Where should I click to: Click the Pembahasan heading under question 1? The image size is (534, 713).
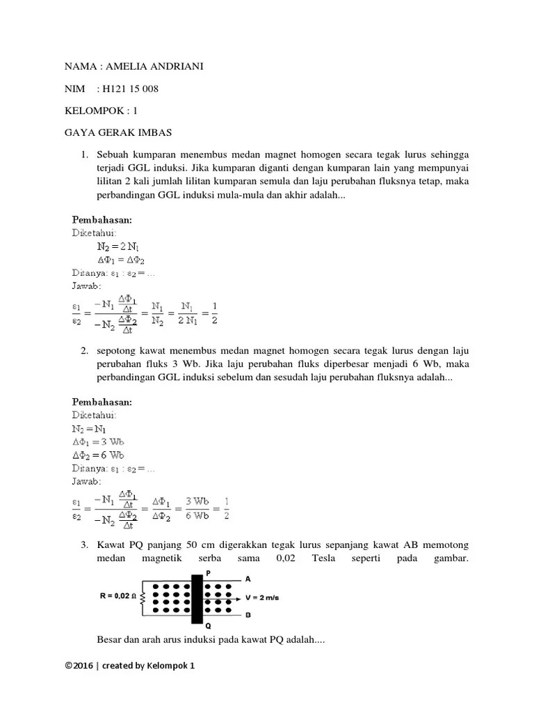[102, 220]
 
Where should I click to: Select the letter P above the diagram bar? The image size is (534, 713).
[207, 572]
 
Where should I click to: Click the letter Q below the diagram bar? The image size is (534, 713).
[207, 625]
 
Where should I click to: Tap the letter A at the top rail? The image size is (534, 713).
[248, 578]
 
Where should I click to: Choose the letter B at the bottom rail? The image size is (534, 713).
[248, 616]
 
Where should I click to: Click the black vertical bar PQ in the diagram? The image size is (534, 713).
[197, 598]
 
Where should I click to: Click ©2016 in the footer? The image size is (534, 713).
[78, 665]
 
